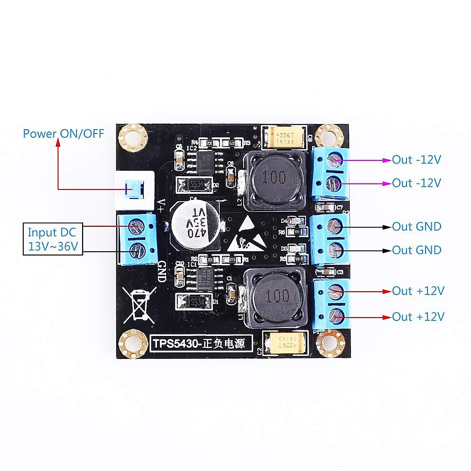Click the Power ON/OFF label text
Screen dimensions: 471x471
click(x=63, y=133)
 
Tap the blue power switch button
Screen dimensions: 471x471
click(x=133, y=190)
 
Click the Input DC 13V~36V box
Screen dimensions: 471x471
click(x=53, y=239)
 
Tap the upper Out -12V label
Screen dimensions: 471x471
click(x=416, y=160)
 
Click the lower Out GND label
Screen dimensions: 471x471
click(x=416, y=250)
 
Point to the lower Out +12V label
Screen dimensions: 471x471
click(x=418, y=316)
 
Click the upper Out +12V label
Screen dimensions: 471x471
click(x=418, y=291)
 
